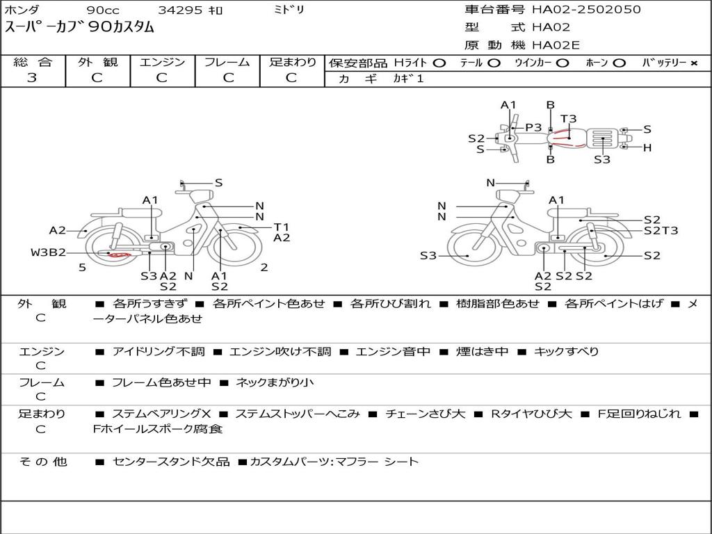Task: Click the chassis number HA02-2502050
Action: point(586,10)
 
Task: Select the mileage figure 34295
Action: point(180,10)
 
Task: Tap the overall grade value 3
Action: point(32,78)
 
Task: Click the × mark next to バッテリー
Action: point(694,63)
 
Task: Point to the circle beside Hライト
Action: point(439,63)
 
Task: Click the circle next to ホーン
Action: point(619,63)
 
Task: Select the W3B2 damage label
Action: point(48,252)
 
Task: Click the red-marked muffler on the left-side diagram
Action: point(118,254)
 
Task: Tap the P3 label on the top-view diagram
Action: point(533,128)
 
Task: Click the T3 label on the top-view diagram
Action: point(568,119)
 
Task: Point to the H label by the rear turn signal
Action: point(647,147)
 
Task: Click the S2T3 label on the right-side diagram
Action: point(661,231)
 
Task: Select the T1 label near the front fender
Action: point(282,227)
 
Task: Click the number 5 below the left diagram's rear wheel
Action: point(82,268)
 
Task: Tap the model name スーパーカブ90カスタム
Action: point(79,27)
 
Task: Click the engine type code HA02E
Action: point(556,45)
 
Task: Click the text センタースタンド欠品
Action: point(171,462)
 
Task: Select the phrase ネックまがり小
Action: point(275,383)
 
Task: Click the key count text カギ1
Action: point(408,79)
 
